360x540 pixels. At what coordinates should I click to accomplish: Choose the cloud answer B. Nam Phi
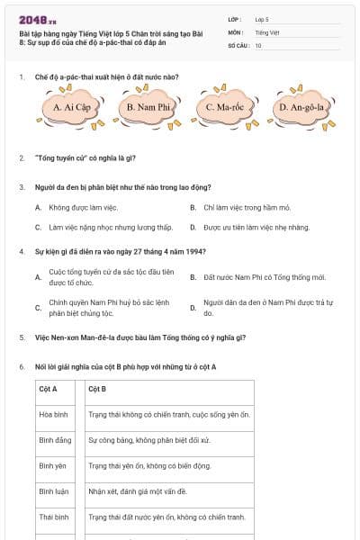tap(148, 108)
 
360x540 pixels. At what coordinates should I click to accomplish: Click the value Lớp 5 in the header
tap(262, 19)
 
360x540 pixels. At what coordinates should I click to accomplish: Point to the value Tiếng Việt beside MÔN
tap(265, 31)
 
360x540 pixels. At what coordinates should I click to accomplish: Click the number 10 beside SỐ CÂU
tap(258, 44)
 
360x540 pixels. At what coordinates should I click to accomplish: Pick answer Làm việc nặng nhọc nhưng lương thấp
tap(110, 228)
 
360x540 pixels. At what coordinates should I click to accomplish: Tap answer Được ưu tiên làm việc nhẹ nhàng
tap(256, 228)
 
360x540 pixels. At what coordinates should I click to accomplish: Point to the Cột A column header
tap(49, 389)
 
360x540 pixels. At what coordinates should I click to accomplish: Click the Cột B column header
tap(97, 389)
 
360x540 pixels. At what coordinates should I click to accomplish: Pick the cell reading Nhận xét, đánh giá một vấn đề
tap(137, 491)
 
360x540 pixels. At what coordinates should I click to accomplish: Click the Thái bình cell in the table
tap(54, 517)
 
